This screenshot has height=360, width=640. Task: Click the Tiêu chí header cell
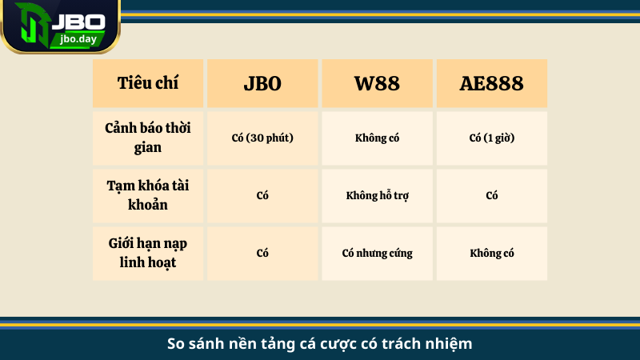pos(148,83)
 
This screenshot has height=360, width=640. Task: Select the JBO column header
pos(262,83)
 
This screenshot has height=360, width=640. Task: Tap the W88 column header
pos(377,83)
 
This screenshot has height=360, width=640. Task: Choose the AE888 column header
pos(491,83)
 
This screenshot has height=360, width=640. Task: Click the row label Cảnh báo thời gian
pos(148,137)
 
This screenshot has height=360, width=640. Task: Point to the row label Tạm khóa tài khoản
pos(148,195)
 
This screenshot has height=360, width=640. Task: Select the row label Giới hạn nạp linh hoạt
pos(148,253)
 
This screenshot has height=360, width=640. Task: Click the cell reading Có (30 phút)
pos(262,138)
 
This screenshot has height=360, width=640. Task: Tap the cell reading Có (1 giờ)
pos(491,138)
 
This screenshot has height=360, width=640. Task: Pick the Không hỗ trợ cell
pos(377,195)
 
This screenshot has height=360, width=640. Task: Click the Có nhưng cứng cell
pos(377,253)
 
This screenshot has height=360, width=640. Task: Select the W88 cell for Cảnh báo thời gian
pos(377,138)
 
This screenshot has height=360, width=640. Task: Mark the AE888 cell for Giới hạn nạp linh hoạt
pos(491,253)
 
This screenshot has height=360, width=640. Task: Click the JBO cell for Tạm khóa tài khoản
pos(262,195)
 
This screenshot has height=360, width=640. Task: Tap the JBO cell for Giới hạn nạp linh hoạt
pos(262,253)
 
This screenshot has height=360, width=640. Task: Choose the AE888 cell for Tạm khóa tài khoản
pos(491,195)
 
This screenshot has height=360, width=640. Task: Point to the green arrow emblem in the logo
pos(27,26)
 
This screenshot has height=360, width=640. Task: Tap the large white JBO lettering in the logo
pos(78,18)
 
